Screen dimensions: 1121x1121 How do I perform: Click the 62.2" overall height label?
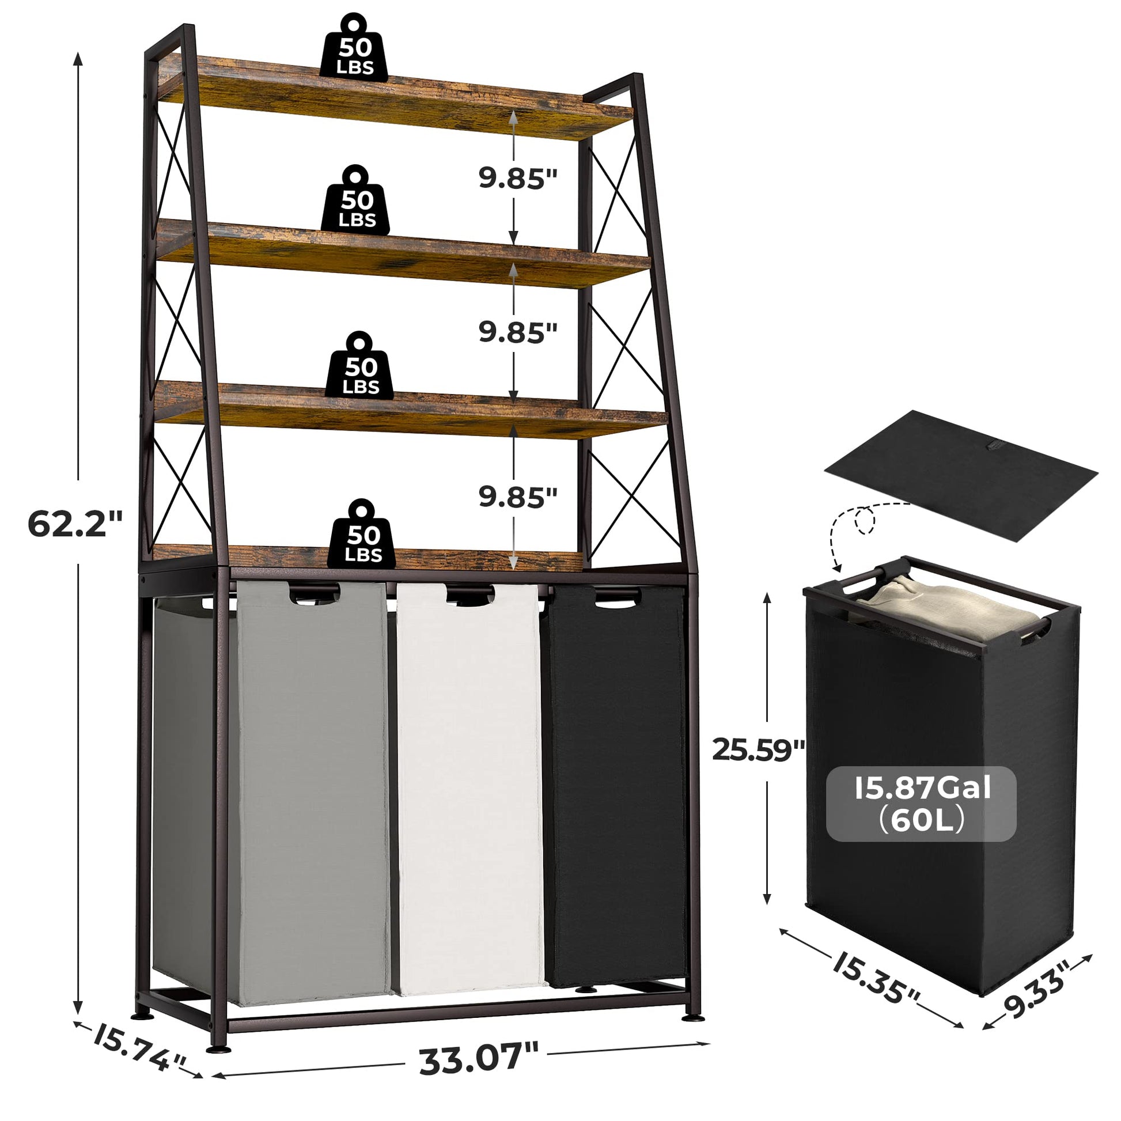pyautogui.click(x=75, y=525)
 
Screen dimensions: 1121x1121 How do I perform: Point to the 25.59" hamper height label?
pyautogui.click(x=758, y=749)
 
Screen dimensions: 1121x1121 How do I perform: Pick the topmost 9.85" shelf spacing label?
pyautogui.click(x=517, y=177)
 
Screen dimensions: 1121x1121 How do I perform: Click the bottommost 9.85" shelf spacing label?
pyautogui.click(x=517, y=497)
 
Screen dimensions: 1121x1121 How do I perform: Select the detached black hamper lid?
pyautogui.click(x=960, y=474)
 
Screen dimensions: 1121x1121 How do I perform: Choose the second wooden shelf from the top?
pyautogui.click(x=403, y=253)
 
